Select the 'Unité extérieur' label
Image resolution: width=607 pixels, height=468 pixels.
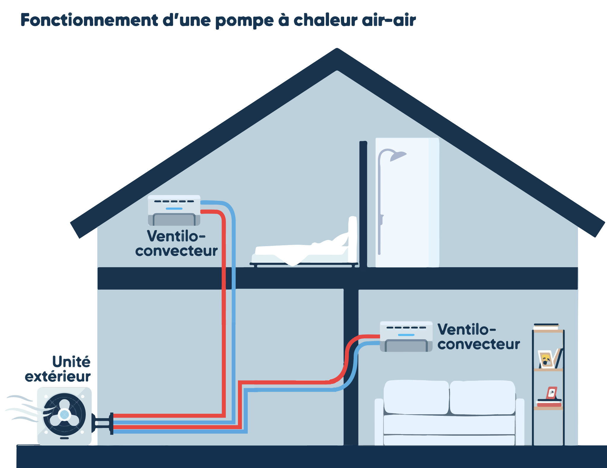click(58, 369)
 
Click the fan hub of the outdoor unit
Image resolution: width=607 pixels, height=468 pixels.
click(64, 414)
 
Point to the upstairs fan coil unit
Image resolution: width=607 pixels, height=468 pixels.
click(174, 210)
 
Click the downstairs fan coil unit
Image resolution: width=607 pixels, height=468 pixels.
click(406, 336)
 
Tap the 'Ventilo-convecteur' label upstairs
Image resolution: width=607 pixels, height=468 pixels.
click(177, 243)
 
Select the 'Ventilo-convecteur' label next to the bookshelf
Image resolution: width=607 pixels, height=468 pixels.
click(478, 337)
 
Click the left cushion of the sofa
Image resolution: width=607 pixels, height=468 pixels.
click(416, 397)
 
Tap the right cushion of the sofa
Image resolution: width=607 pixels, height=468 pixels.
click(482, 397)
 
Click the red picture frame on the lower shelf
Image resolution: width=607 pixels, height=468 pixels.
click(552, 393)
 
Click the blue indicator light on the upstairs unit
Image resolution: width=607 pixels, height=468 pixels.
click(174, 209)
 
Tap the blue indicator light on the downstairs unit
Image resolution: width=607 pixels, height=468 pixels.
click(406, 335)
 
